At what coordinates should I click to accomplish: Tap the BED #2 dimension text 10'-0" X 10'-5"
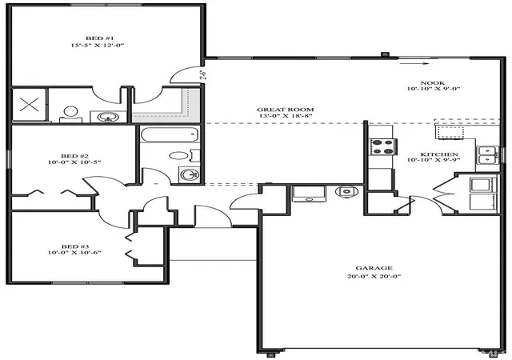[74, 162]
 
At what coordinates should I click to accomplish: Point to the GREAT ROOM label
[286, 110]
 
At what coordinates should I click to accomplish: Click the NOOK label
[433, 83]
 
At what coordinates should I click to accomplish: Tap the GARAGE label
[374, 268]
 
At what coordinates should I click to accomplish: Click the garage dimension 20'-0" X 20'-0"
[374, 276]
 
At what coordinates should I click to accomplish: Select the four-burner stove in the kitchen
[383, 146]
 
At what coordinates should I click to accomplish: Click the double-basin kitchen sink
[489, 155]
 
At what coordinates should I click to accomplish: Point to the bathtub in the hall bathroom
[170, 134]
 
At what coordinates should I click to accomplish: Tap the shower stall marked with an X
[29, 105]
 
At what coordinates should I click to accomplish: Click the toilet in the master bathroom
[70, 114]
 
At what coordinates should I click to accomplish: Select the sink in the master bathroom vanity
[108, 117]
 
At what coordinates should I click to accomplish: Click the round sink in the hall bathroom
[190, 174]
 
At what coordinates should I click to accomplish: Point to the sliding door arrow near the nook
[414, 64]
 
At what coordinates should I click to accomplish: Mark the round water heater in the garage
[346, 191]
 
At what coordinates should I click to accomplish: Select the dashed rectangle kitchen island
[451, 132]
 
